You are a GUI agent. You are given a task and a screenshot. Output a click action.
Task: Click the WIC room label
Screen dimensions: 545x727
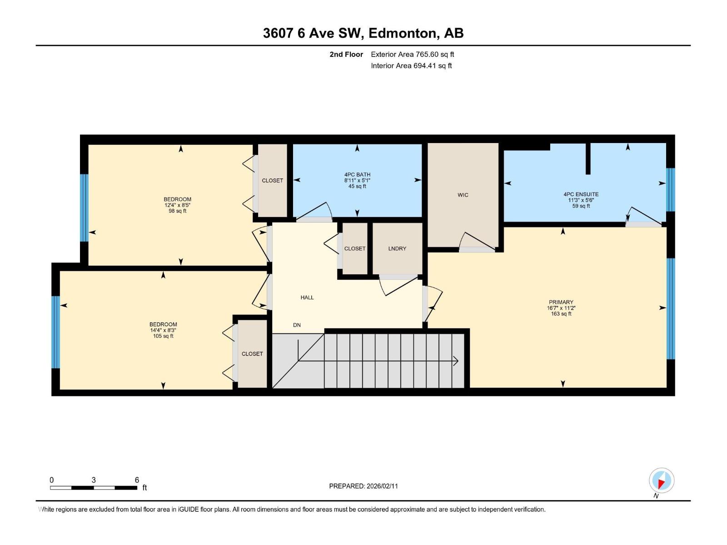463,195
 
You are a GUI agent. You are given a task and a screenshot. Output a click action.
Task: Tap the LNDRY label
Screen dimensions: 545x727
397,248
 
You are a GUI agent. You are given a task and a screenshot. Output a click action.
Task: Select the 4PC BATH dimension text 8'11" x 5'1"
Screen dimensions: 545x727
357,180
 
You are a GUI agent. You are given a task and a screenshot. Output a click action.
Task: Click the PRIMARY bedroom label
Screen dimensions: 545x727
561,302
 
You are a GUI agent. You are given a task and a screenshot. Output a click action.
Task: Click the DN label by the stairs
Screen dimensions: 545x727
297,325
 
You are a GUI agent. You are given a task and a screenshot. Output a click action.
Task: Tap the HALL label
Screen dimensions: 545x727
307,297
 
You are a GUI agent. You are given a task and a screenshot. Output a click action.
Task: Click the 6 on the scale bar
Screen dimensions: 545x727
137,480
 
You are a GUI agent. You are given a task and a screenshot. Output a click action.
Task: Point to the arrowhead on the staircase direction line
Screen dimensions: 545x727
456,362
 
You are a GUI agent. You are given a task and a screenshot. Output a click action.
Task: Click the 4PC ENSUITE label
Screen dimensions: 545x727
581,194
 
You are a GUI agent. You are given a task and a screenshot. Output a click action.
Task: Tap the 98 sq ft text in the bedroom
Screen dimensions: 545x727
177,211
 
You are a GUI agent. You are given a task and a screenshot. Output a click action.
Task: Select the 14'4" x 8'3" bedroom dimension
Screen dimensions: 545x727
163,331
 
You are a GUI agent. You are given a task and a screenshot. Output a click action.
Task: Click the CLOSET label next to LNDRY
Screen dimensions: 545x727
354,248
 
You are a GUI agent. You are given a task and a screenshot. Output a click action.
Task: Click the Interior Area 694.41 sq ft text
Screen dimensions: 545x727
411,65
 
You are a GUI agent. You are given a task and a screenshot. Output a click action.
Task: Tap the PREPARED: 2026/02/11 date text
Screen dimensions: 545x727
363,486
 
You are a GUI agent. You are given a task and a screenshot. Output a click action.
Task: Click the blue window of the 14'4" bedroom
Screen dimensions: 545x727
55,332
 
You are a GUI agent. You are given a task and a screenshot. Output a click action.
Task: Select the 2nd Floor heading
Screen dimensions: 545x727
346,54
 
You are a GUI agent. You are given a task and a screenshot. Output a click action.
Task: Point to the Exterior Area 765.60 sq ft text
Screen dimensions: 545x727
412,54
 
